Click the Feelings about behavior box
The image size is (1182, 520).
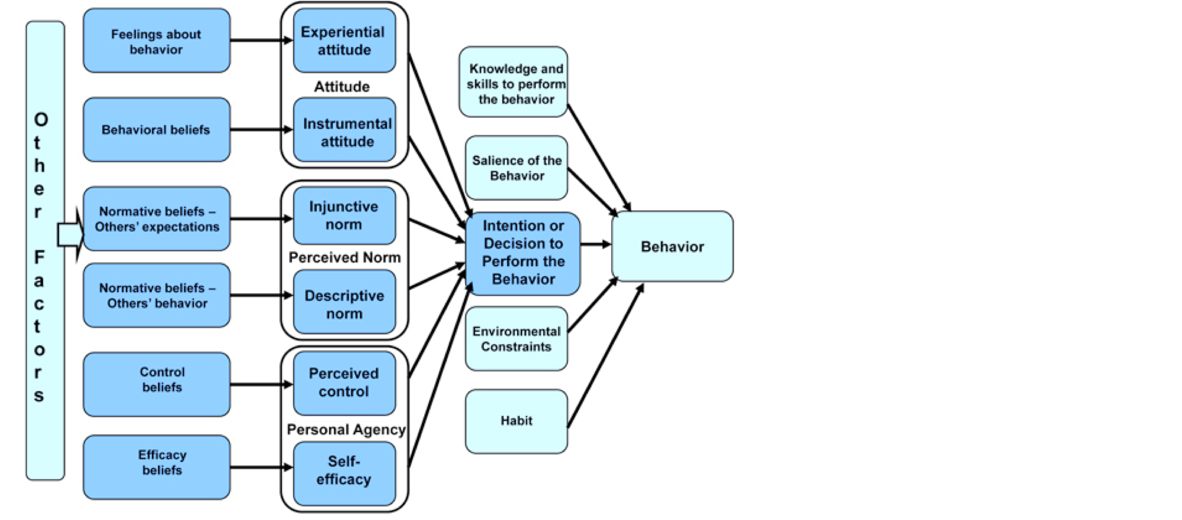[x=156, y=41]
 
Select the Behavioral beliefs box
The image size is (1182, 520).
[x=156, y=129]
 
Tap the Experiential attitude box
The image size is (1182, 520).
[x=344, y=41]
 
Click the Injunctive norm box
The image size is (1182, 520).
[x=344, y=216]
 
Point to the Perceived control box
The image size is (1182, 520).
[x=344, y=383]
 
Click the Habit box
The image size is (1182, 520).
[x=516, y=421]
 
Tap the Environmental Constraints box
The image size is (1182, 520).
[x=516, y=339]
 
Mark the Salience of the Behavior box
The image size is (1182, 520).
[x=516, y=168]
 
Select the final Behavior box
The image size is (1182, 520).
[x=672, y=246]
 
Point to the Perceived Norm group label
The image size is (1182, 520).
[x=344, y=258]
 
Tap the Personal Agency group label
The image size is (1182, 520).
[x=346, y=430]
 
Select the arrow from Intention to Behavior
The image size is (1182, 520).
[x=595, y=244]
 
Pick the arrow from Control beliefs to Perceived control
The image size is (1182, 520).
[x=260, y=385]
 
